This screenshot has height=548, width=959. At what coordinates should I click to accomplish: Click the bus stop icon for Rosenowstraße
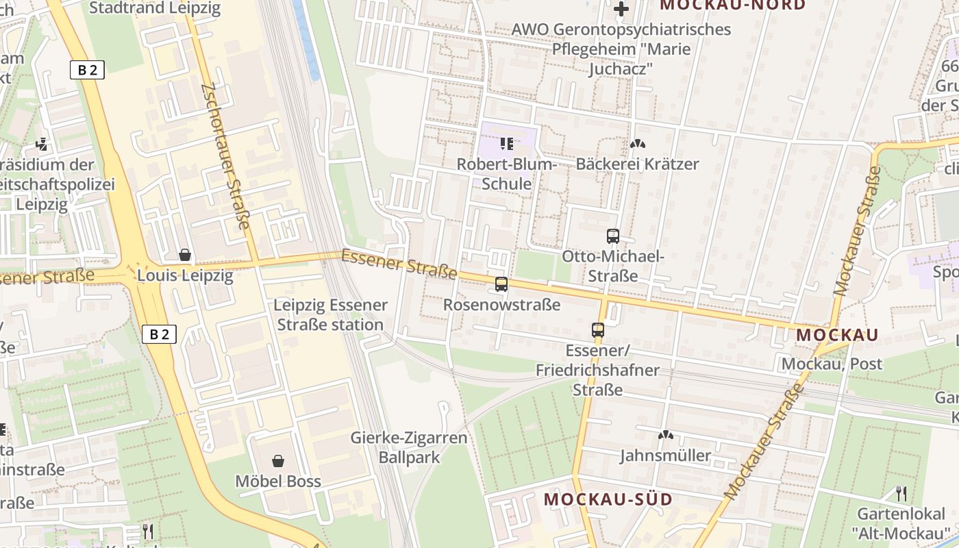(x=501, y=284)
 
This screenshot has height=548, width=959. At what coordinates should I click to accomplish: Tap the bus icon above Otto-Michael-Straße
(x=613, y=236)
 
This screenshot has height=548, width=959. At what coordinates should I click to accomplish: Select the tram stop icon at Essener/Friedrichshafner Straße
(x=598, y=330)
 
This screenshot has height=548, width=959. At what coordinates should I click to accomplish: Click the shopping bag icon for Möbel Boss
(x=278, y=461)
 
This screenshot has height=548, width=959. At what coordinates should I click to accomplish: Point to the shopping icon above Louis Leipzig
(x=185, y=256)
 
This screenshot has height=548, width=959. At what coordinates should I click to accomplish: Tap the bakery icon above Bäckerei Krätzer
(x=638, y=145)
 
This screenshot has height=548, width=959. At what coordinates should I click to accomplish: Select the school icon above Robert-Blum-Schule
(x=507, y=144)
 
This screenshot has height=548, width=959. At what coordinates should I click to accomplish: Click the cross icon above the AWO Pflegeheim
(x=621, y=9)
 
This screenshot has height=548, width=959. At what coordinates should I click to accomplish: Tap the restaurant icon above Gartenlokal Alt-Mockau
(x=901, y=493)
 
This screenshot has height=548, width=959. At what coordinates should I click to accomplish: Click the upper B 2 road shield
(x=87, y=70)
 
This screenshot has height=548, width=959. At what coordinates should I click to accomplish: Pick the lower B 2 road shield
(x=160, y=334)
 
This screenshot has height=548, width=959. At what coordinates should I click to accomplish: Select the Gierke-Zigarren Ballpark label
(x=409, y=447)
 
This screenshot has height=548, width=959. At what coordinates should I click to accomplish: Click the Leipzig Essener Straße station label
(x=331, y=315)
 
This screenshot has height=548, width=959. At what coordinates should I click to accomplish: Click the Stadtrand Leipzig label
(x=155, y=8)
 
